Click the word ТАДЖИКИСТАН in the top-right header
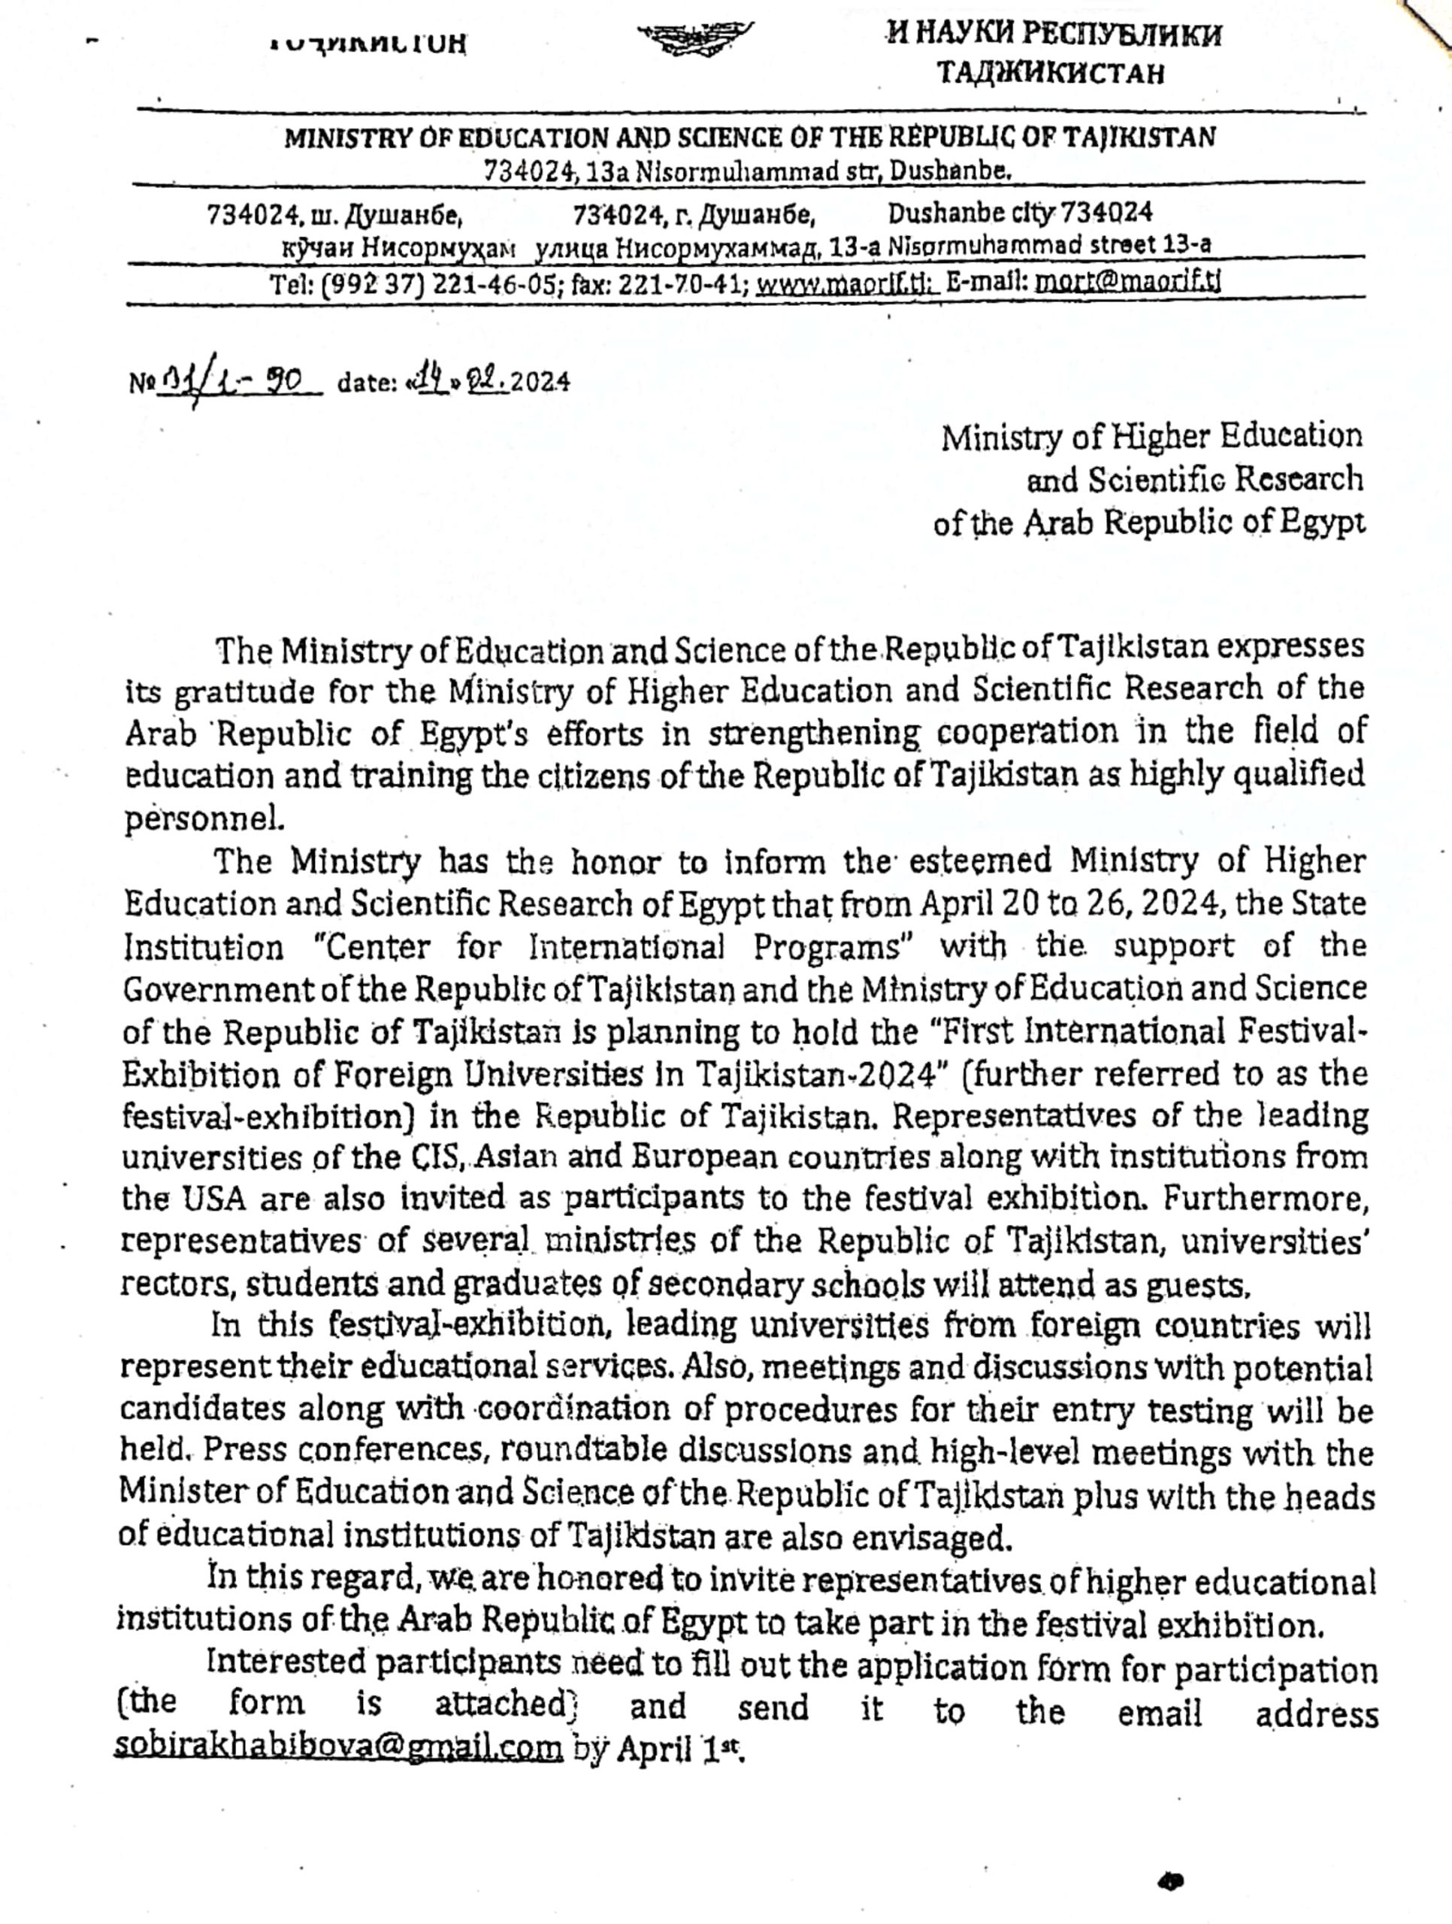[x=1050, y=72]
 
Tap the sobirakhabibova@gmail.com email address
[x=339, y=1747]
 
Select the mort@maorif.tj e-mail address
[x=1127, y=283]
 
